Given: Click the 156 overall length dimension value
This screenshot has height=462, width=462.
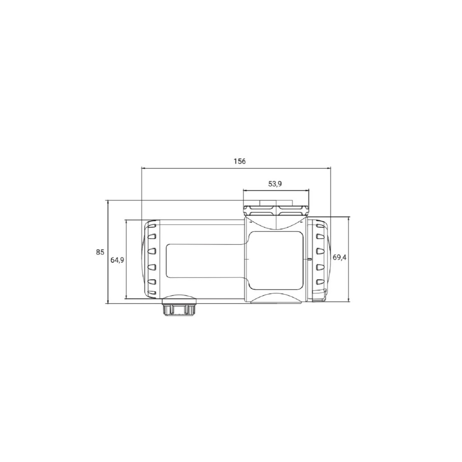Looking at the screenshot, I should coord(240,161).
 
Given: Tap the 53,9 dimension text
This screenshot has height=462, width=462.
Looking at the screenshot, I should coord(275,184).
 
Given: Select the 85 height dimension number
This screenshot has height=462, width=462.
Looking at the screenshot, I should coord(100,252).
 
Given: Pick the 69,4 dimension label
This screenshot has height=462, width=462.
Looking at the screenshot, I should coord(340,257).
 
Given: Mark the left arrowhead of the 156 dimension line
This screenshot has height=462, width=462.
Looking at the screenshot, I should coord(143,168).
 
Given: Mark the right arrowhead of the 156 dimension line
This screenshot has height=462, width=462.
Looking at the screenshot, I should coord(329,168).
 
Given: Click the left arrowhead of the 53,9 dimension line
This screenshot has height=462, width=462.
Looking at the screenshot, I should coord(244,191).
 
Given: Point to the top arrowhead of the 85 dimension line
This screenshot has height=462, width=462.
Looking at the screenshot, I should coord(108,202).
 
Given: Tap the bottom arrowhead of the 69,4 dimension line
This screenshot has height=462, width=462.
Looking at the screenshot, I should coord(349,300).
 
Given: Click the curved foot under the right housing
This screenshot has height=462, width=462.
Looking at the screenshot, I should coord(276,299).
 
